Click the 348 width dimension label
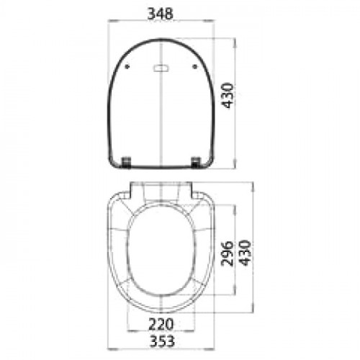[x=160, y=14]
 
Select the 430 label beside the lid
[x=227, y=96]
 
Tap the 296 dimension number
[x=227, y=253]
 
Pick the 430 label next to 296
[x=245, y=253]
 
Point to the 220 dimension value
[x=161, y=324]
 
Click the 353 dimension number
[x=161, y=341]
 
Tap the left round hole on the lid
[x=127, y=66]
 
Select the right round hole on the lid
[x=195, y=66]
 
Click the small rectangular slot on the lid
[x=161, y=68]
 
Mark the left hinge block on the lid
[x=126, y=162]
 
